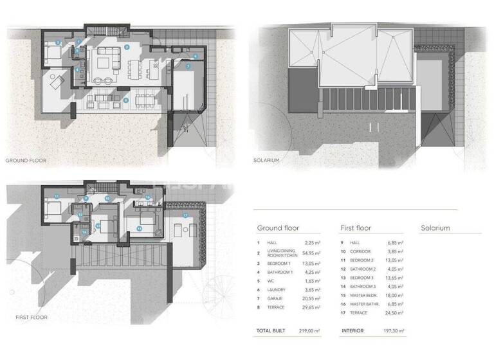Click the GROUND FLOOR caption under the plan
click(26, 159)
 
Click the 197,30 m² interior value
click(394, 330)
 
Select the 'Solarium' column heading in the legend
click(435, 228)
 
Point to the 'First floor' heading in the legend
click(356, 228)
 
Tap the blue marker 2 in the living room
click(127, 46)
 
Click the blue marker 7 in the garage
click(188, 66)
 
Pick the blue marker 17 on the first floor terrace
click(185, 214)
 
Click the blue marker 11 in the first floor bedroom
click(57, 195)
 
